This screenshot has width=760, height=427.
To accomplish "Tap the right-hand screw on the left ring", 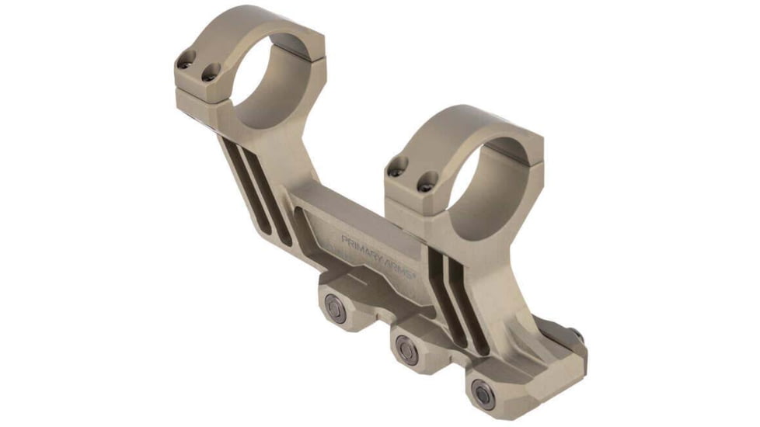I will (207, 74).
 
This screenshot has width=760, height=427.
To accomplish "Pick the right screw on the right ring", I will (425, 185).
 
